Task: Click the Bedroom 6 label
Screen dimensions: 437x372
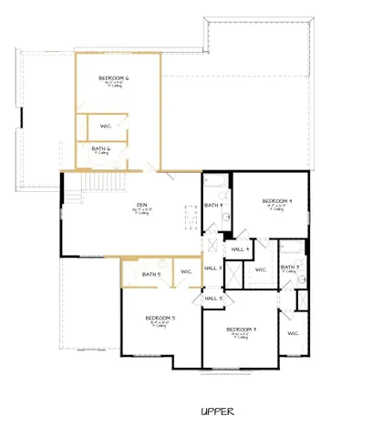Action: [x=114, y=79]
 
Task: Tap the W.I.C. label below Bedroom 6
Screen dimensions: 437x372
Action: [x=105, y=126]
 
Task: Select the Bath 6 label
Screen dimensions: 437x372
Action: [x=100, y=147]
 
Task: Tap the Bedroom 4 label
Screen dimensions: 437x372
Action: [x=276, y=201]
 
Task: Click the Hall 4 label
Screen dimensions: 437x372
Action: [x=240, y=249]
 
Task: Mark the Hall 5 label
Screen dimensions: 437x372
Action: [x=212, y=298]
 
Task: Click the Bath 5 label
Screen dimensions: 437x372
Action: [x=151, y=273]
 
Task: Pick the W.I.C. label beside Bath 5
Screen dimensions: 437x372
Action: [x=185, y=271]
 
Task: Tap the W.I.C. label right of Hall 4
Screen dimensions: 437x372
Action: [x=261, y=269]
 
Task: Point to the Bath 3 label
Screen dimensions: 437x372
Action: [x=290, y=267]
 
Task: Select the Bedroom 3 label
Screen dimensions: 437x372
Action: [x=242, y=329]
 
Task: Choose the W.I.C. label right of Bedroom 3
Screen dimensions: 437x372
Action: [x=294, y=333]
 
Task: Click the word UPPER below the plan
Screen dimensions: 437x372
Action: [x=218, y=412]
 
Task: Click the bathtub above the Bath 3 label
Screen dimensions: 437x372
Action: [x=292, y=248]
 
